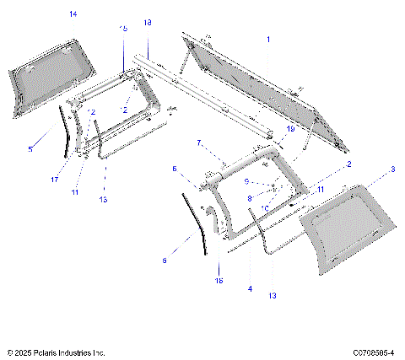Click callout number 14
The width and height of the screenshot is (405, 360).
pos(73,14)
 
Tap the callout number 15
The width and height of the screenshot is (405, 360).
pos(123,29)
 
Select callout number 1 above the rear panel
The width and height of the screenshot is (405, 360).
pos(268,40)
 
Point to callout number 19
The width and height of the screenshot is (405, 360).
pos(289,129)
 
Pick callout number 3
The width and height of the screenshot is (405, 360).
pos(392,169)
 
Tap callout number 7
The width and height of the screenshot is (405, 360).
pos(198,142)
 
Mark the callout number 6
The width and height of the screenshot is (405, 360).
pos(174,169)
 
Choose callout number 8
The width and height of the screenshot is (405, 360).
pos(250,198)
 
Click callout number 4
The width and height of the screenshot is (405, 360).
pos(250,289)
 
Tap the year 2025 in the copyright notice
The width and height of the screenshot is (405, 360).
pos(23,352)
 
